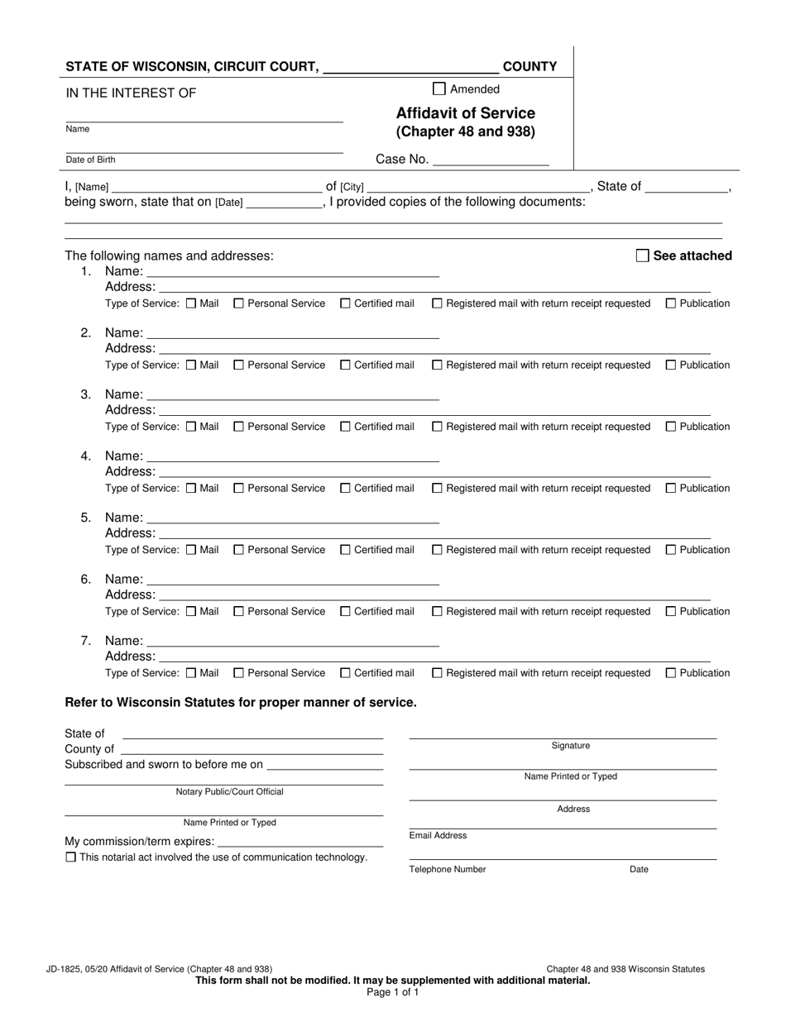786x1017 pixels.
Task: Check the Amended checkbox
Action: coord(439,89)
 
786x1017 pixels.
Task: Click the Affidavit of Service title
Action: coord(465,113)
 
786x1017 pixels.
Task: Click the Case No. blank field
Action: coord(491,160)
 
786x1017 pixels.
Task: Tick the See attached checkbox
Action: coord(642,256)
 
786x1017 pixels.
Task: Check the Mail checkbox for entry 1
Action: coord(191,303)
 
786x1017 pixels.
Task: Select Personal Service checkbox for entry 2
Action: coord(239,365)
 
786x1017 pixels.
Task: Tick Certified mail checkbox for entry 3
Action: coord(345,427)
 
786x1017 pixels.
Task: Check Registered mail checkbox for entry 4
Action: coord(438,489)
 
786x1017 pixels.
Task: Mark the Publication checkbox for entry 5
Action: coord(671,550)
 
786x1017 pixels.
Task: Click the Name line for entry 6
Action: coord(293,579)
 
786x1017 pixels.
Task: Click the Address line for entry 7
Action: coord(434,656)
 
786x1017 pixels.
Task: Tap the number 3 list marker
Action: coord(86,394)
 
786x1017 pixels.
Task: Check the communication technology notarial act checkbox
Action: coord(70,857)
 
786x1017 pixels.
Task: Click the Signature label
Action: coord(571,746)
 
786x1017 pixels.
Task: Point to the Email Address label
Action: coord(438,836)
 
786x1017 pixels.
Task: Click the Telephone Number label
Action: coord(448,870)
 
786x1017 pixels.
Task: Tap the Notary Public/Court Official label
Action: coord(229,792)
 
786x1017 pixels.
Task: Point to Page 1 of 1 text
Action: coord(392,992)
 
